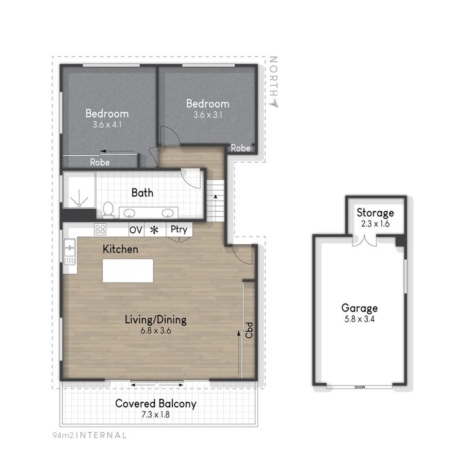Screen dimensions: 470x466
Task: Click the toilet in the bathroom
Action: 108,210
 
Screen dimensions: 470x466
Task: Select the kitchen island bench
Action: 128,271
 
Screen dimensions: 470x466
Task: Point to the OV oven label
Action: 136,230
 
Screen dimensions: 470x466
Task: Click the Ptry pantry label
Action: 179,229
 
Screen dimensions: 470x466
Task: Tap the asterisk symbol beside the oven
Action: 153,230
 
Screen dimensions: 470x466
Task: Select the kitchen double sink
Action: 69,252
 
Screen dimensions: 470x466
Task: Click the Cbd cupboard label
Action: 249,329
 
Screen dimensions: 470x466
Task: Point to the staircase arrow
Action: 215,197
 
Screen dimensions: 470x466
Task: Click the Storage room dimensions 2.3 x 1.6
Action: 375,224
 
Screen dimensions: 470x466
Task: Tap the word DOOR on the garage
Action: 359,387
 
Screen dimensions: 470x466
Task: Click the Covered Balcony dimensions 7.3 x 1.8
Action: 155,414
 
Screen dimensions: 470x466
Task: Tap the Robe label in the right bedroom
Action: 240,148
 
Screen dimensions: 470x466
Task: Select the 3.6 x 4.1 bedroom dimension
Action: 107,124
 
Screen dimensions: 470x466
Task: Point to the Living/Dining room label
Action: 155,320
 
